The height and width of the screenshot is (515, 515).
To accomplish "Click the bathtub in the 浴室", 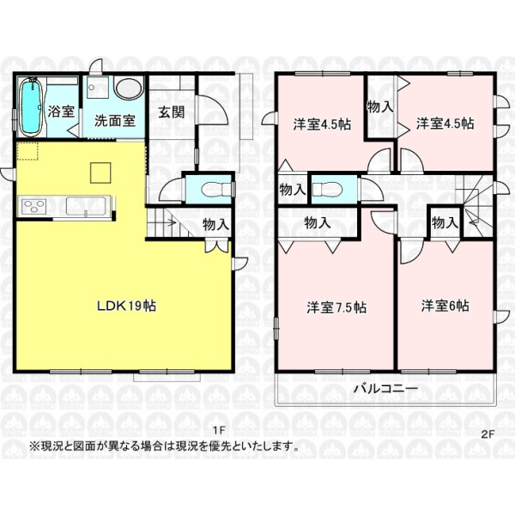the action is (31, 106).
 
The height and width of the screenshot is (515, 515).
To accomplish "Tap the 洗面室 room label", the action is (115, 120).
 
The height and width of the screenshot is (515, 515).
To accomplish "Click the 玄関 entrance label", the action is (172, 112).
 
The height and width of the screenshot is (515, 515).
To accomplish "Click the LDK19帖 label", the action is (126, 306).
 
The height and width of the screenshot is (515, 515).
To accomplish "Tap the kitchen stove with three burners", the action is (33, 207).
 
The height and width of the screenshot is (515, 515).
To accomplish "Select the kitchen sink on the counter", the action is (86, 206).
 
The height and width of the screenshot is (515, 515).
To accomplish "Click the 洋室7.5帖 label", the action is (336, 308).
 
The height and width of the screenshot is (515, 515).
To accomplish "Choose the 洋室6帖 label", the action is (445, 306).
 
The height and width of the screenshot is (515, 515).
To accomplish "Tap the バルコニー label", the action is (385, 389).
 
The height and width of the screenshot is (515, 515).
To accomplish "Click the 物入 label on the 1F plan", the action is (215, 225).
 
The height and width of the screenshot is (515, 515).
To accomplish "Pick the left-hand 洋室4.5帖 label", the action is (322, 124).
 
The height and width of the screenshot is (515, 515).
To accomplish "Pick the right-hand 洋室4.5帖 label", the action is (445, 124).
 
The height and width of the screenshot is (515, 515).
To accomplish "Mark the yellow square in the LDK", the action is (100, 173).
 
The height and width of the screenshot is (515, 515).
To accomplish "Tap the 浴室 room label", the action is (61, 112).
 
